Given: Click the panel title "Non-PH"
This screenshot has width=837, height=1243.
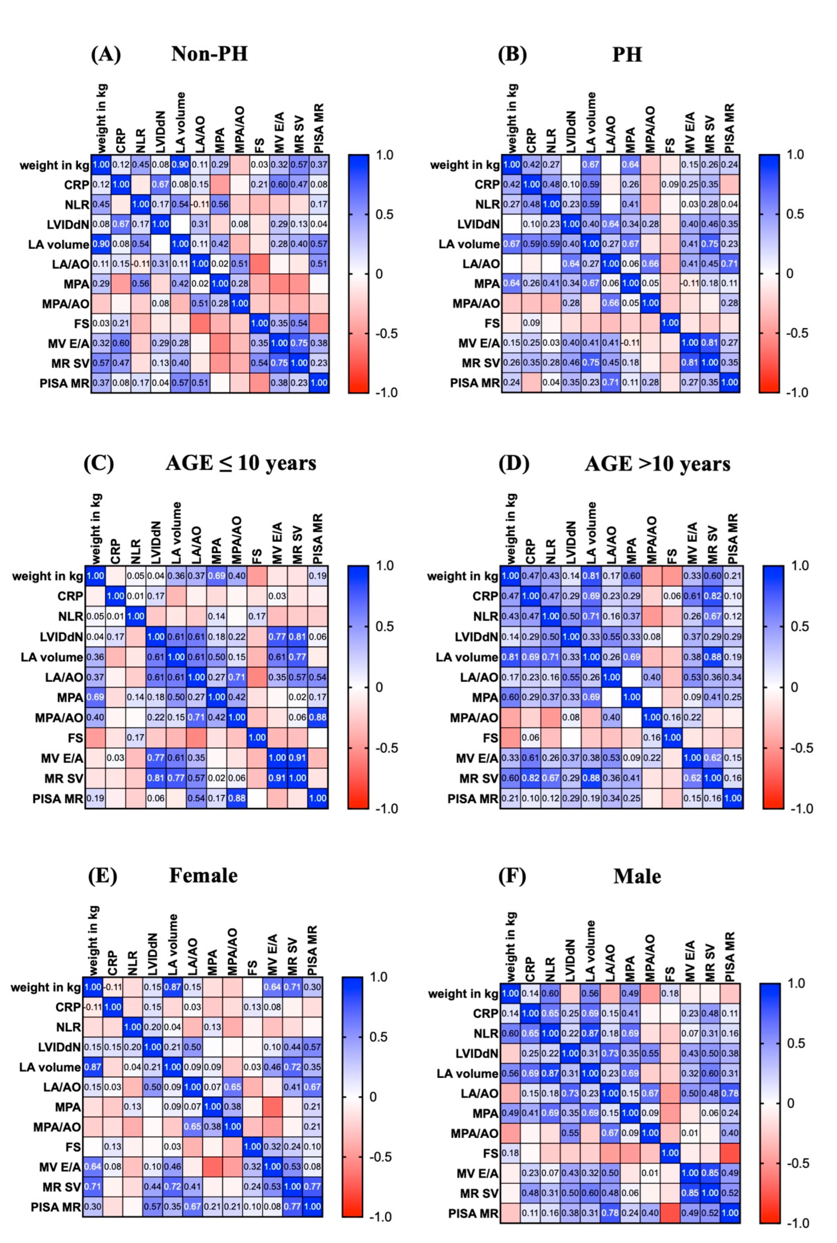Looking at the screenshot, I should pos(209,54).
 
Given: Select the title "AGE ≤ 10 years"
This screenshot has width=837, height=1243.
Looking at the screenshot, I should pos(241,463).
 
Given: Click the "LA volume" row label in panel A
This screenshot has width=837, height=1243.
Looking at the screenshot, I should pos(59,244).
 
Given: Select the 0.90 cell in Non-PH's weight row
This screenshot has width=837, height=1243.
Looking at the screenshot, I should pos(181,165).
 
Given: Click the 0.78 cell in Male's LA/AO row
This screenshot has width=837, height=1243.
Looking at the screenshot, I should pos(730,1093).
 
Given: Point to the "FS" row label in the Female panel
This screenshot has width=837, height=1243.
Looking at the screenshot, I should pos(73,1147).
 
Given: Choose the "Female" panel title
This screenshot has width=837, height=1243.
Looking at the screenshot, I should pos(203,876).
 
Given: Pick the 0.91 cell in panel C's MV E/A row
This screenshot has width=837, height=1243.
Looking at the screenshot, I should pos(297,758).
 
